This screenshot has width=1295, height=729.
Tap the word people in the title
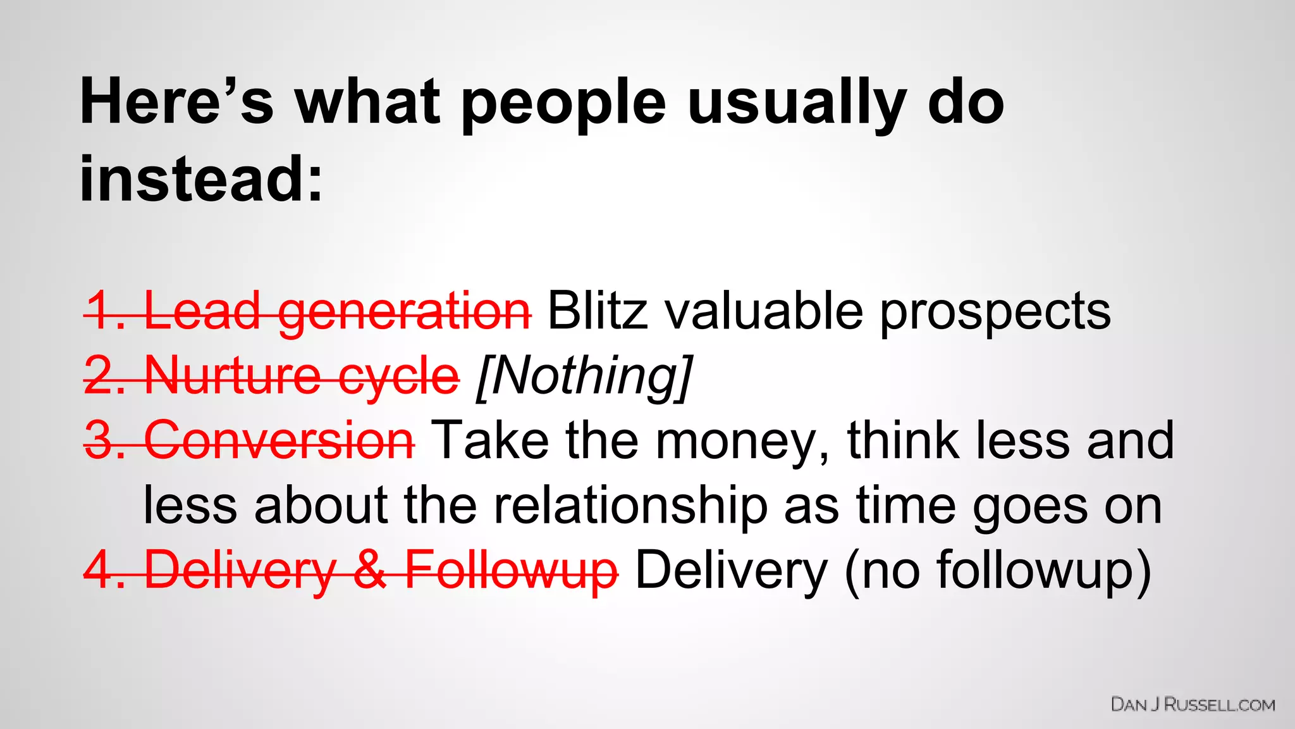[563, 104]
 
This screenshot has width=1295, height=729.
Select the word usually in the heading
[797, 104]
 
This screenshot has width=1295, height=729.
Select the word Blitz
[598, 311]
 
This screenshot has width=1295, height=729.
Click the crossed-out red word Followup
[511, 571]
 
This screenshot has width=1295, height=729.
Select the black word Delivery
[731, 571]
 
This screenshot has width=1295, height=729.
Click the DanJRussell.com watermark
[1193, 704]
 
